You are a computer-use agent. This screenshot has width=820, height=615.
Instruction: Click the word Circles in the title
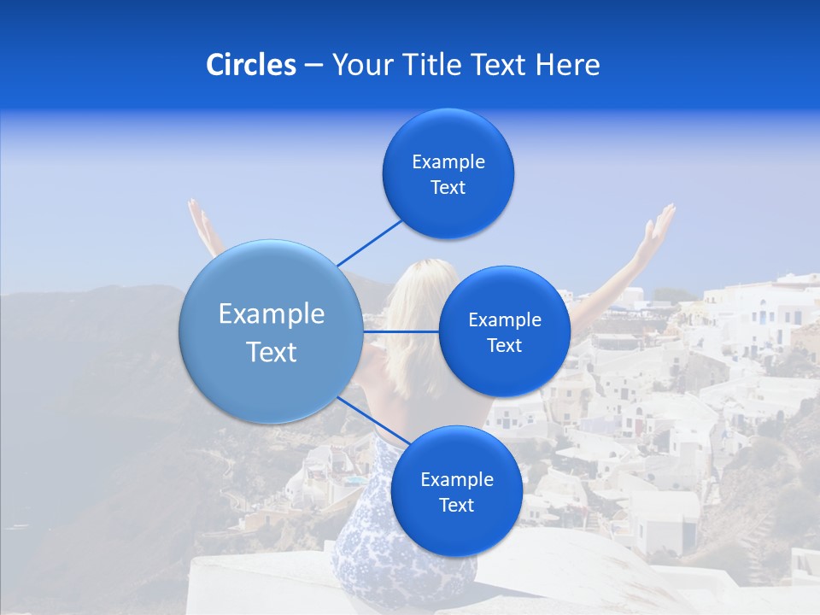point(251,65)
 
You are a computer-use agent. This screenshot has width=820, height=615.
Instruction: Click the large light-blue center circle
point(271,332)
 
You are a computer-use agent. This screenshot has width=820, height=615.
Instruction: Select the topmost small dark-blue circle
point(448,174)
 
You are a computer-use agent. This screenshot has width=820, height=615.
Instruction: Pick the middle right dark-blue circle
point(504,331)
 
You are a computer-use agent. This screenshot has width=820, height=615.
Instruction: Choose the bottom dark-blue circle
point(456,491)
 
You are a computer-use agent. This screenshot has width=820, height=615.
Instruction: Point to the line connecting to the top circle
point(369,242)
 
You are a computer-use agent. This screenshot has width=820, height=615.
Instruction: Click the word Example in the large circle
point(271,314)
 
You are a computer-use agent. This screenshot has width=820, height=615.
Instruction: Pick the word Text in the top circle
point(448,188)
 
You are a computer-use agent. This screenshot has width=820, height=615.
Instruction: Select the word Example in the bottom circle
point(456,479)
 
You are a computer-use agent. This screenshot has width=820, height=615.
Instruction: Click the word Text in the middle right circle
point(504,345)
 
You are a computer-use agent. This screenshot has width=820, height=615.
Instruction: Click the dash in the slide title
point(313,65)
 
